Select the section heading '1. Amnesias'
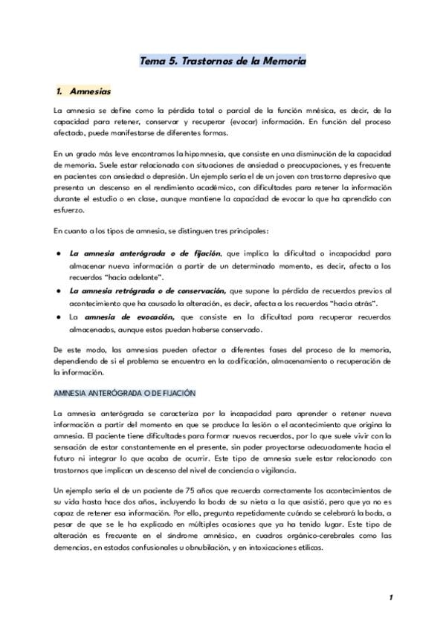(x=83, y=92)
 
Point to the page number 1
(x=390, y=597)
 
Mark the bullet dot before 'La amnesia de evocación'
(x=58, y=317)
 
